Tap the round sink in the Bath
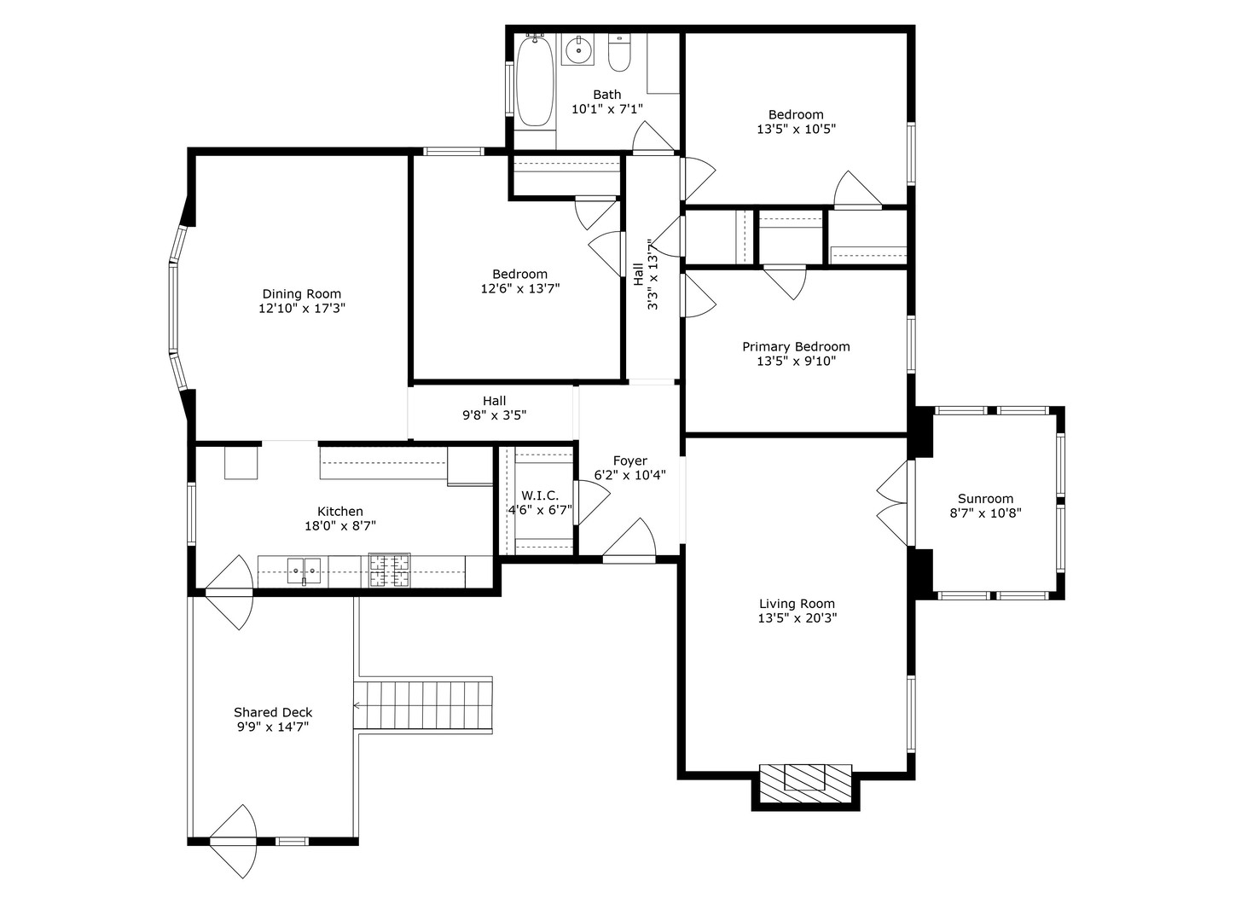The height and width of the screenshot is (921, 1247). click(578, 49)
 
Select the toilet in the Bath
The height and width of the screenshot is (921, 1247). click(619, 53)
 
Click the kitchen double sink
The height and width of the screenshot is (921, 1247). click(304, 571)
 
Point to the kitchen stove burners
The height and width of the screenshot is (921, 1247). click(389, 571)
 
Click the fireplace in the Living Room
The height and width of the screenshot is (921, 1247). click(805, 783)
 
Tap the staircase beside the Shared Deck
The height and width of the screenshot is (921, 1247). click(423, 705)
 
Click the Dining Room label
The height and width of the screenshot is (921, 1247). click(302, 293)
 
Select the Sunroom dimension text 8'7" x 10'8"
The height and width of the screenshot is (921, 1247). click(985, 513)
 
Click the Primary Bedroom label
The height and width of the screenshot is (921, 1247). click(796, 346)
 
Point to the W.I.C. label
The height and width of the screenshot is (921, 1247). click(540, 495)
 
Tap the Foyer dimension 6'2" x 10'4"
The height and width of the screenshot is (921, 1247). click(630, 474)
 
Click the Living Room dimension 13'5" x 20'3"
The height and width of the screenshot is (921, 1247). click(797, 618)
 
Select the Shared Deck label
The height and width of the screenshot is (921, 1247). click(273, 712)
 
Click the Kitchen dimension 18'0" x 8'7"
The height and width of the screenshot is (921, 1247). click(340, 525)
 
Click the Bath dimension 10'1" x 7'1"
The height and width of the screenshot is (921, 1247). click(607, 108)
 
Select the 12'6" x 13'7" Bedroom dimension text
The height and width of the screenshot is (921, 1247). click(520, 288)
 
